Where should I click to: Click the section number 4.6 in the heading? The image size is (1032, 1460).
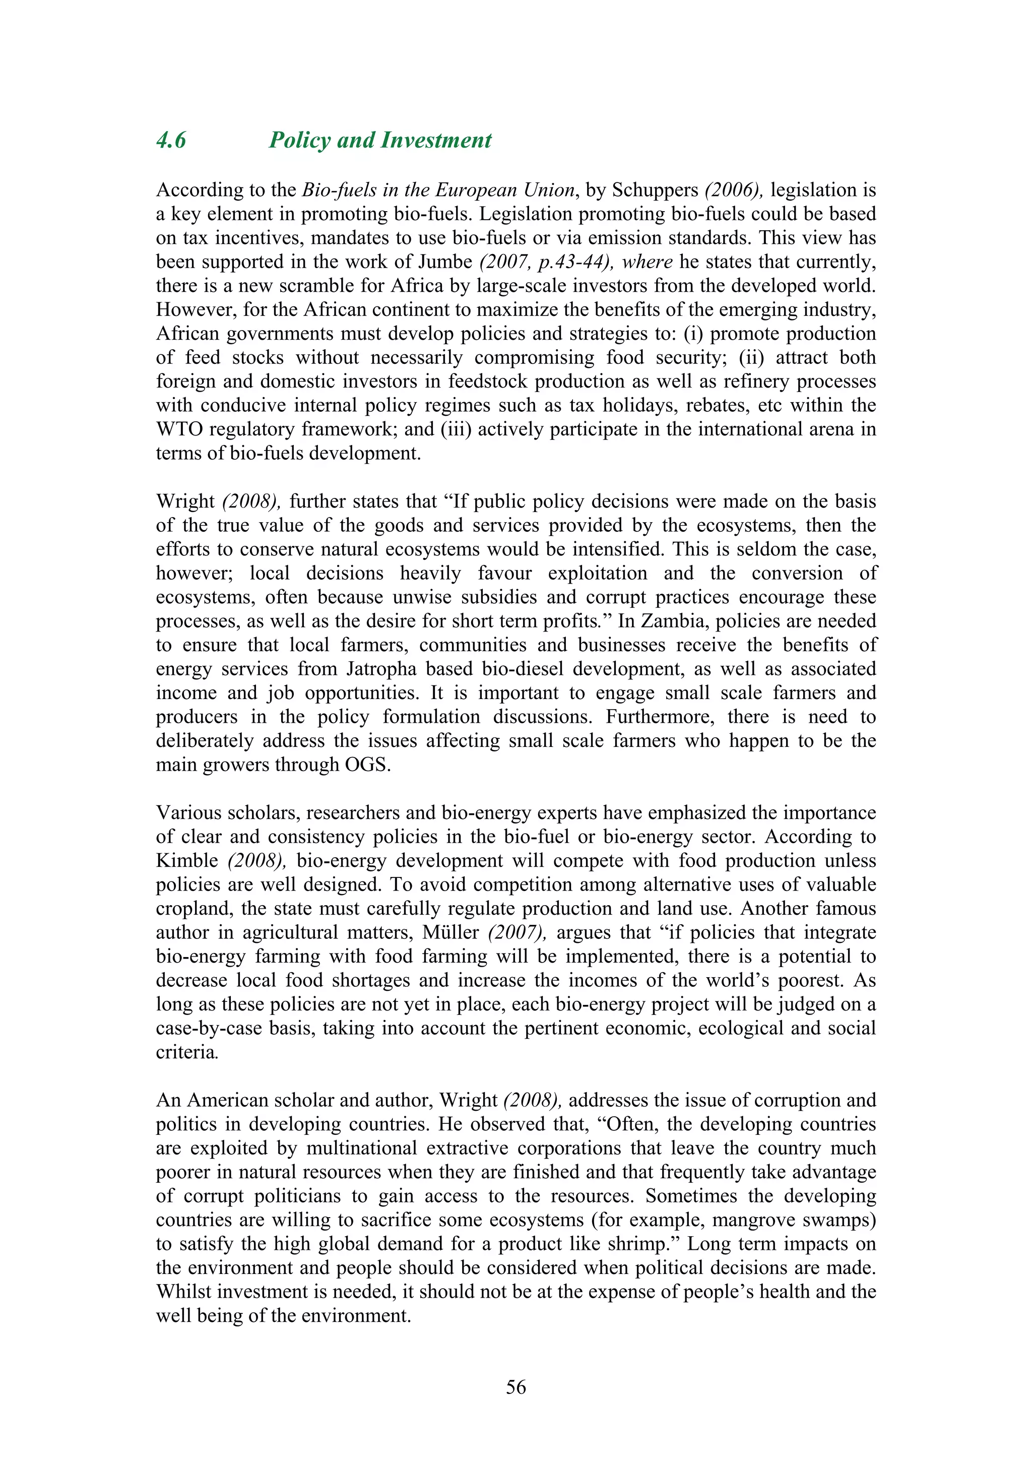tap(171, 141)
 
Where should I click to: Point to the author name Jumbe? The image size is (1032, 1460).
tap(445, 262)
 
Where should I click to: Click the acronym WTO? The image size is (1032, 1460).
tap(179, 429)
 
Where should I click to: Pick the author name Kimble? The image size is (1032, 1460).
tap(187, 861)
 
